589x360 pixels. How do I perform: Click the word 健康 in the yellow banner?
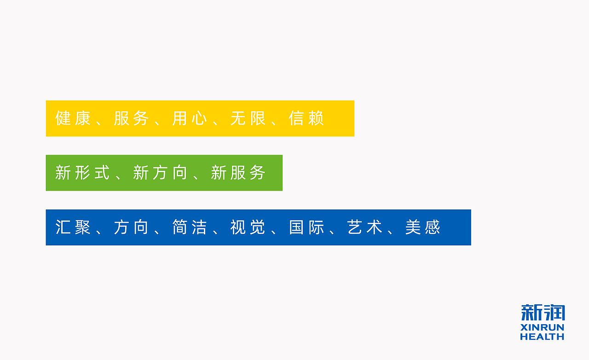73,118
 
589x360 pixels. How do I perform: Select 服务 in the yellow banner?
131,118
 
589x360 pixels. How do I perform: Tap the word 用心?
190,118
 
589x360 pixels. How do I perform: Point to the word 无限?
248,118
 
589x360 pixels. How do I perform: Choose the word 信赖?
306,118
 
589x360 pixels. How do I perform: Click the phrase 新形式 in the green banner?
82,173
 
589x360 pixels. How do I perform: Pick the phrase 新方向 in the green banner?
160,173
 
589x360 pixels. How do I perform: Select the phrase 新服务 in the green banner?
238,173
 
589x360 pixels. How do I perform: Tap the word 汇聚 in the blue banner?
73,227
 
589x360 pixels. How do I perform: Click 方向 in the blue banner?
131,227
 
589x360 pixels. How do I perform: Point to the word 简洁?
190,227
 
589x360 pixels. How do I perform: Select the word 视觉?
248,227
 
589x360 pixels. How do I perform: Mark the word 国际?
306,227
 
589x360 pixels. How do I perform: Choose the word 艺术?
365,227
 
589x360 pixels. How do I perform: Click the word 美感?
423,227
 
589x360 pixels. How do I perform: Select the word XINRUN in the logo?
542,328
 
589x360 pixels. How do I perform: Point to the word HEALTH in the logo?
542,337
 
